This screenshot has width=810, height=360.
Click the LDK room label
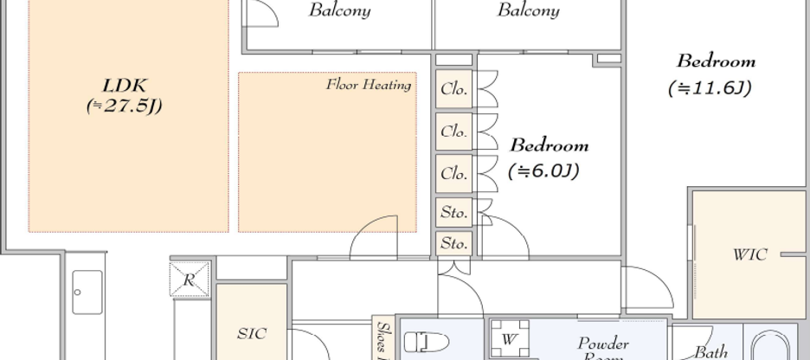pos(125,86)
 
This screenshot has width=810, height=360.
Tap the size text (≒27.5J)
pos(125,106)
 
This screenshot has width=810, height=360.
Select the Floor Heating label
pos(368,84)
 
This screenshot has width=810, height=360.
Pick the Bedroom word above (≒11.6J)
pos(716,61)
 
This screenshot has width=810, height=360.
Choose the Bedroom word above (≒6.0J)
pos(549,145)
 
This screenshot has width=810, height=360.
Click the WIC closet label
pos(749,255)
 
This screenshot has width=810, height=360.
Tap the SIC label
pos(251,333)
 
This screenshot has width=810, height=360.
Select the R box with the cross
pos(190,280)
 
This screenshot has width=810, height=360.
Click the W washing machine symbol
pos(509,339)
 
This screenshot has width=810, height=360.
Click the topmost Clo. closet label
pos(453,89)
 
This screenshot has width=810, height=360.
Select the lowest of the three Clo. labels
pos(453,174)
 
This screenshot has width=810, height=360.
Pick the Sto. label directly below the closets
pos(453,212)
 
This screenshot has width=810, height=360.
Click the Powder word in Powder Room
pos(603,344)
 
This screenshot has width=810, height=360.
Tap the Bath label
pos(710,351)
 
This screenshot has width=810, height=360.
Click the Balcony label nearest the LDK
pos(340,11)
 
